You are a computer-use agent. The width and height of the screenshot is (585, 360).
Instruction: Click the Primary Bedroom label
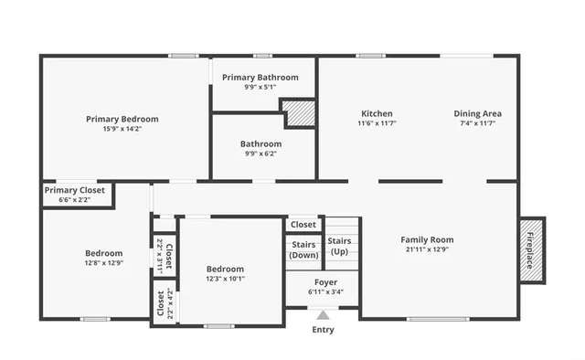122,119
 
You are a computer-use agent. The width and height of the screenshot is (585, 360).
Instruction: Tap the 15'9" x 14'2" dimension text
122,129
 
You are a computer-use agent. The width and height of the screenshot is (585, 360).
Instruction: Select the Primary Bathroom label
260,78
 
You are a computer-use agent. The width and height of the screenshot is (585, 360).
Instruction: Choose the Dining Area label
477,113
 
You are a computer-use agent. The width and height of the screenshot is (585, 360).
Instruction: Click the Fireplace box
532,249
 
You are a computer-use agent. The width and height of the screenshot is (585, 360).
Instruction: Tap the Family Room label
427,240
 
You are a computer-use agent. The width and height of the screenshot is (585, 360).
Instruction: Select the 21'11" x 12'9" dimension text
427,250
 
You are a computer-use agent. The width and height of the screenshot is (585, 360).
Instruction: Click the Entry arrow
323,315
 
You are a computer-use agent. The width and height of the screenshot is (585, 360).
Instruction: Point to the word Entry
323,330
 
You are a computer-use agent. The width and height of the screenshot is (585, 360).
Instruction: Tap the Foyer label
325,282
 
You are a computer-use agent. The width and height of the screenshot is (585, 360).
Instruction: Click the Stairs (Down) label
303,249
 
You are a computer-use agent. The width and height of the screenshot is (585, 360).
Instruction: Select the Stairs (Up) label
339,246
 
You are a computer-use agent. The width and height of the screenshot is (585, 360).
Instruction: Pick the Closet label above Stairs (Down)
303,224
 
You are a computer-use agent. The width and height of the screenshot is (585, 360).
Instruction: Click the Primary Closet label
74,190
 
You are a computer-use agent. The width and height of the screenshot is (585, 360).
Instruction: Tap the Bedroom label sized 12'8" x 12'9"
104,253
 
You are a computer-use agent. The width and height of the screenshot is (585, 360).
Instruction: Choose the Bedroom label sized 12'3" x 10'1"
225,269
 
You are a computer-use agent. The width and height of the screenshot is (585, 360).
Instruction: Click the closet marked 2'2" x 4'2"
163,302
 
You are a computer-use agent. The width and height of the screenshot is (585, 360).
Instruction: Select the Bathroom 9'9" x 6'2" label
261,143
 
